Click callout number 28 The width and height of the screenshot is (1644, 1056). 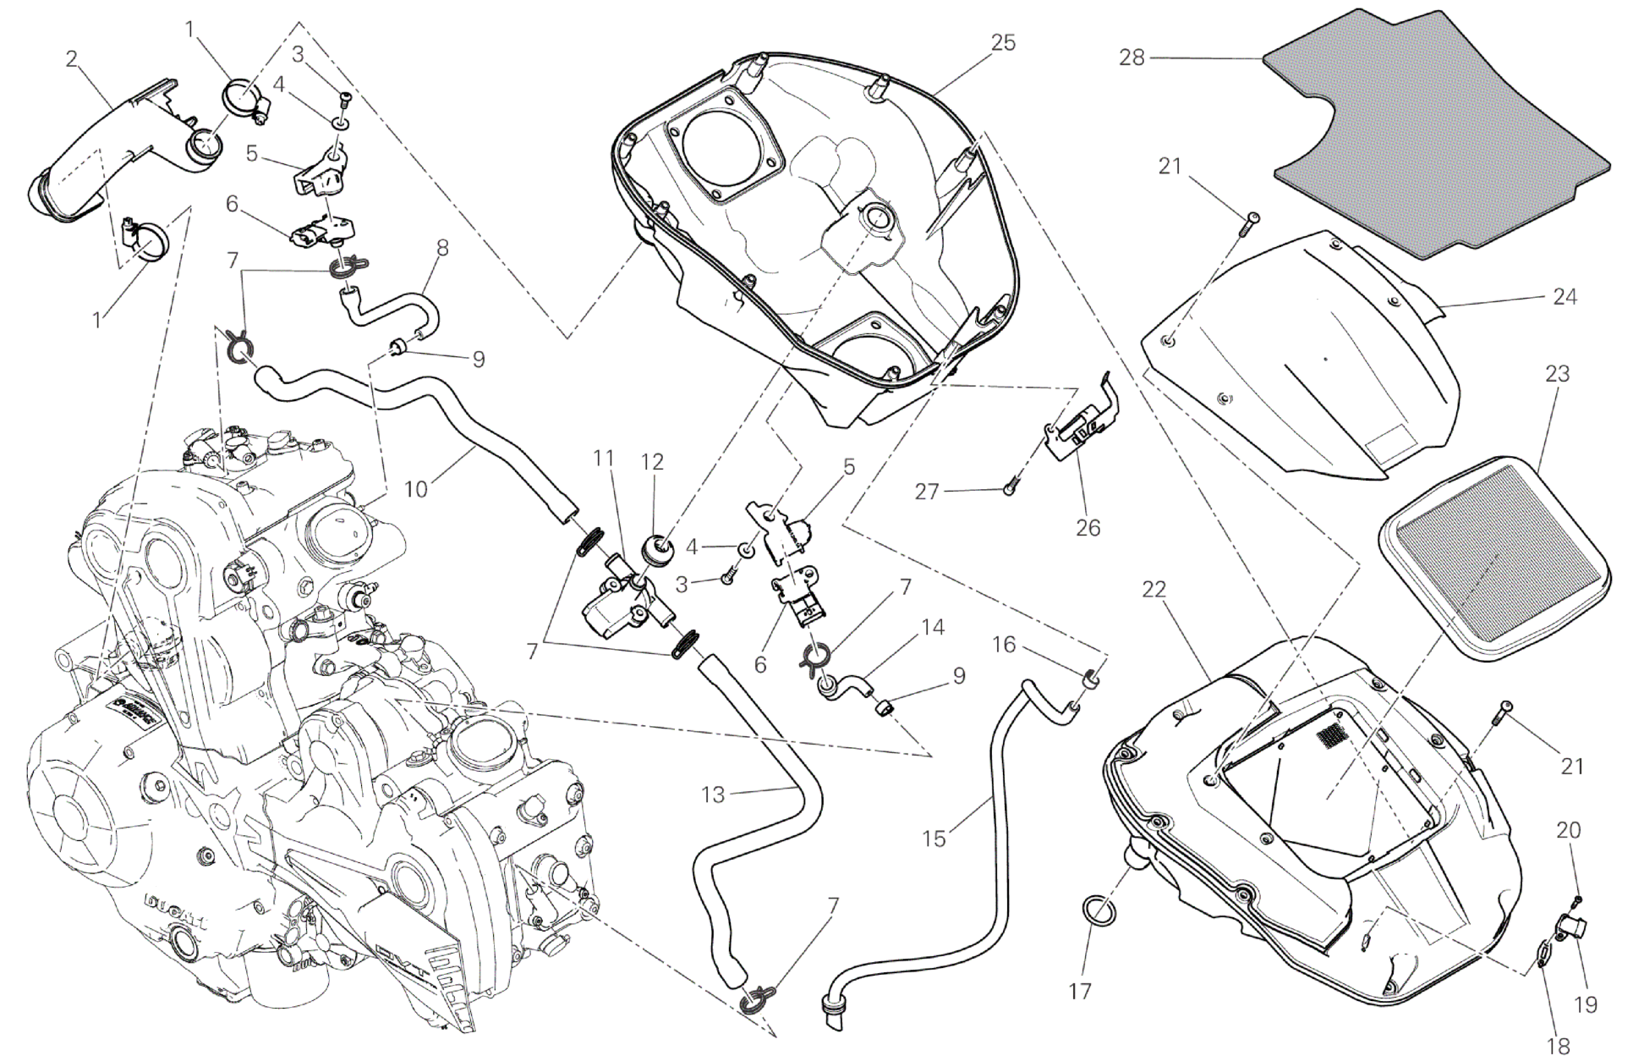point(1132,58)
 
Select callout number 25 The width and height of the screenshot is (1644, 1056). point(1003,42)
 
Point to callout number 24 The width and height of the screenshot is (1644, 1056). point(1565,297)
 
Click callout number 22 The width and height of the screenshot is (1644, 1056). point(1154,591)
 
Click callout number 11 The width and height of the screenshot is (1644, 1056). point(602,459)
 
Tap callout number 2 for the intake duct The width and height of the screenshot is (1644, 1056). point(72,58)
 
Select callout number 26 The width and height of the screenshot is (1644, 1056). point(1088,527)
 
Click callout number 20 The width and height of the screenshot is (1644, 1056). point(1568,830)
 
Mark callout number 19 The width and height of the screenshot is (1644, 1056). point(1586,1004)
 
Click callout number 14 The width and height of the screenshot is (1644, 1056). point(933,627)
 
